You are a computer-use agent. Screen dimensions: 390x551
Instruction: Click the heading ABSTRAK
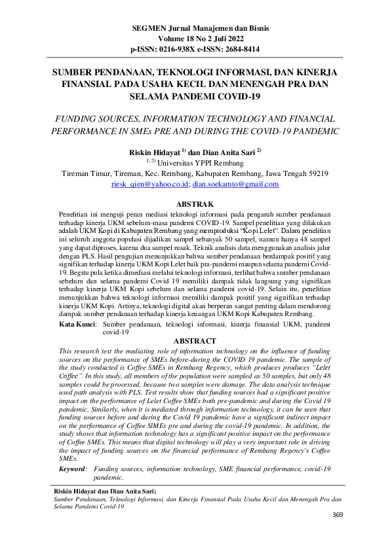(195, 205)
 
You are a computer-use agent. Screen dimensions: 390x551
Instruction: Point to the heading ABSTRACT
(195, 341)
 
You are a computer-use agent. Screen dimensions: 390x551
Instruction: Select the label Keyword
(73, 469)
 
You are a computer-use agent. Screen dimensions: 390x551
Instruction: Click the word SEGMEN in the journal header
(147, 29)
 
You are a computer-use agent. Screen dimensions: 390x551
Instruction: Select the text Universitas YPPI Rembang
(199, 163)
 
